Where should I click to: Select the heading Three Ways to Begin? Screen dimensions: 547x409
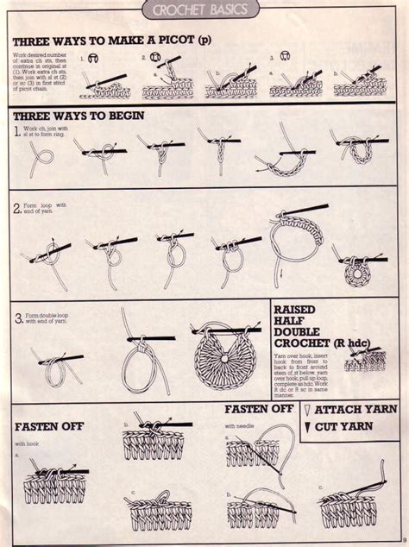coord(79,115)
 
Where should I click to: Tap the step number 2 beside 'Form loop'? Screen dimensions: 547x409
coord(18,208)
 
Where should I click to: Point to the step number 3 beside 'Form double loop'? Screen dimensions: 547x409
coord(18,318)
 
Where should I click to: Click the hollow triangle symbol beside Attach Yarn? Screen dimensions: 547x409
coord(307,410)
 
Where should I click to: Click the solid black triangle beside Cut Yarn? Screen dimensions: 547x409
coord(307,427)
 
